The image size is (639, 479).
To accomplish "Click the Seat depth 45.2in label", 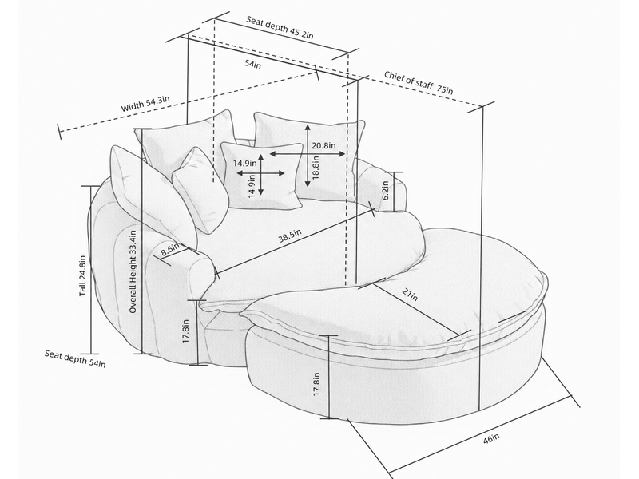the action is click(280, 27).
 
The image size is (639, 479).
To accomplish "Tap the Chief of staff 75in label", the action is click(419, 83).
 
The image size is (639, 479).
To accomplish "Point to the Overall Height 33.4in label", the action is click(133, 271).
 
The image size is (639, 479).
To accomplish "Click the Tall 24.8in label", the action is click(83, 275).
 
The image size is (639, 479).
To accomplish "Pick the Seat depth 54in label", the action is click(75, 358).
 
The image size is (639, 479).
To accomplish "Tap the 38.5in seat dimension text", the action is click(290, 236).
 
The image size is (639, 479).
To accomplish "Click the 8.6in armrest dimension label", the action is click(170, 249).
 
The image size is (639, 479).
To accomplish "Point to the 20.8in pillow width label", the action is click(323, 145).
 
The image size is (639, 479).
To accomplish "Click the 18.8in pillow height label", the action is click(316, 168).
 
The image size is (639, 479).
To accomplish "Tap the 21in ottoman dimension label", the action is click(410, 294).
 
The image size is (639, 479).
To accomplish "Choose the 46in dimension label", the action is click(491, 439).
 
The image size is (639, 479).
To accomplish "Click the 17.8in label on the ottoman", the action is click(316, 385).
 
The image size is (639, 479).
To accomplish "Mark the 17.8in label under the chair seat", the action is click(186, 331).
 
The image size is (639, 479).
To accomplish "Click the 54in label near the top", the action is click(252, 65).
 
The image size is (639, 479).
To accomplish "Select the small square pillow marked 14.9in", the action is click(262, 176).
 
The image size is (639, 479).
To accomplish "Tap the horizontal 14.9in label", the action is click(244, 164).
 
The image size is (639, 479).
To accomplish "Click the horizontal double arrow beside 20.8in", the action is click(308, 153).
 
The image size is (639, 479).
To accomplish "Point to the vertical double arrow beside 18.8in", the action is click(308, 155).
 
